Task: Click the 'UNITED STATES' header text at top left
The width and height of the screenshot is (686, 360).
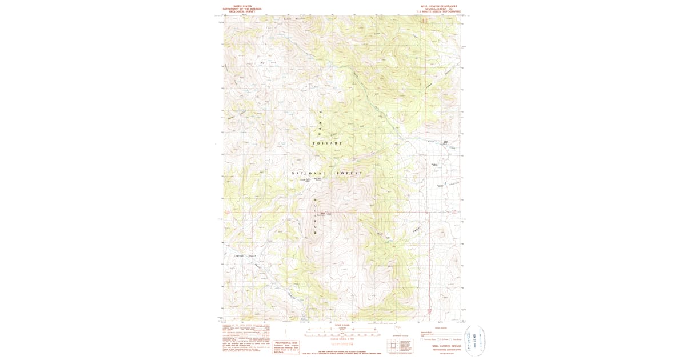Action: pos(242,6)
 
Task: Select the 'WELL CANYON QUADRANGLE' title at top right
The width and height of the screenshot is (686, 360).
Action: pos(439,6)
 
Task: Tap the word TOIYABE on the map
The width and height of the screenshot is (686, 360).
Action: pos(327,143)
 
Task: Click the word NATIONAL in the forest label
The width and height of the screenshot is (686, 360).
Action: pos(309,173)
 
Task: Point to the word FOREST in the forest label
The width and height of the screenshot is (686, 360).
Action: pos(352,173)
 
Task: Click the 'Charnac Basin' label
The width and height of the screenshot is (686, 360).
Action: pos(245,256)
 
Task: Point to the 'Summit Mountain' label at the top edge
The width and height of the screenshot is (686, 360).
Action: pos(294,19)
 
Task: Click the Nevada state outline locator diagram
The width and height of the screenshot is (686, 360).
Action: pos(398,327)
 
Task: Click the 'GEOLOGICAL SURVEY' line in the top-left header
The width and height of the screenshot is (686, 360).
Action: pos(242,11)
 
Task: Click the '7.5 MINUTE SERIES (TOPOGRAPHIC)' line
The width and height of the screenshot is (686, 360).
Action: pos(439,11)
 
